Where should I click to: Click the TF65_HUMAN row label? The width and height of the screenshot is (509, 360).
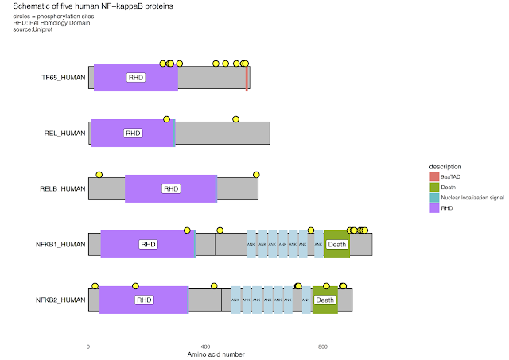pyautogui.click(x=64, y=78)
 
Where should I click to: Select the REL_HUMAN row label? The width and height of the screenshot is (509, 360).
pyautogui.click(x=64, y=134)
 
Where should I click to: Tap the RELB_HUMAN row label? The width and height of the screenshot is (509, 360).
pyautogui.click(x=63, y=189)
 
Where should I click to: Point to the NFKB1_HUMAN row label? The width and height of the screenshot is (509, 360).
pyautogui.click(x=61, y=245)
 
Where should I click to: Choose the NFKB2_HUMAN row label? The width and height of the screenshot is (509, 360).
pyautogui.click(x=61, y=300)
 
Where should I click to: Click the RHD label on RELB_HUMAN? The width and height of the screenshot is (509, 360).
pyautogui.click(x=171, y=189)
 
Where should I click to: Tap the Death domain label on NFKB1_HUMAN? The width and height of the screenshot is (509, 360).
pyautogui.click(x=337, y=245)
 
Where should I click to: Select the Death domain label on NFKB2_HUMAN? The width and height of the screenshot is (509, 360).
pyautogui.click(x=324, y=300)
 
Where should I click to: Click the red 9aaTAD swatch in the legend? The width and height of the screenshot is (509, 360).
pyautogui.click(x=434, y=176)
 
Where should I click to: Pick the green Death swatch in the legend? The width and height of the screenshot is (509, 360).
pyautogui.click(x=434, y=186)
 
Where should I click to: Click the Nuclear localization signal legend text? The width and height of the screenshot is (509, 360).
pyautogui.click(x=472, y=197)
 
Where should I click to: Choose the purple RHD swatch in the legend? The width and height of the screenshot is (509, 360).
pyautogui.click(x=434, y=207)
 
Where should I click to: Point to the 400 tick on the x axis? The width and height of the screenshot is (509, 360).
pyautogui.click(x=205, y=347)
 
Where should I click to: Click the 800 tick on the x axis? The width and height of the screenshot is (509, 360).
pyautogui.click(x=323, y=347)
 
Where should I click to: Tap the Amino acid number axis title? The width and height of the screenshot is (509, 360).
pyautogui.click(x=215, y=354)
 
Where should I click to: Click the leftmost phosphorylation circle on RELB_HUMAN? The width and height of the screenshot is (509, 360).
pyautogui.click(x=99, y=175)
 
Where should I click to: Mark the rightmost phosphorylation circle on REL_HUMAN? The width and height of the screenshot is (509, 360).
pyautogui.click(x=236, y=119)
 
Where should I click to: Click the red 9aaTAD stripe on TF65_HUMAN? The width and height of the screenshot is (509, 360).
pyautogui.click(x=247, y=78)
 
